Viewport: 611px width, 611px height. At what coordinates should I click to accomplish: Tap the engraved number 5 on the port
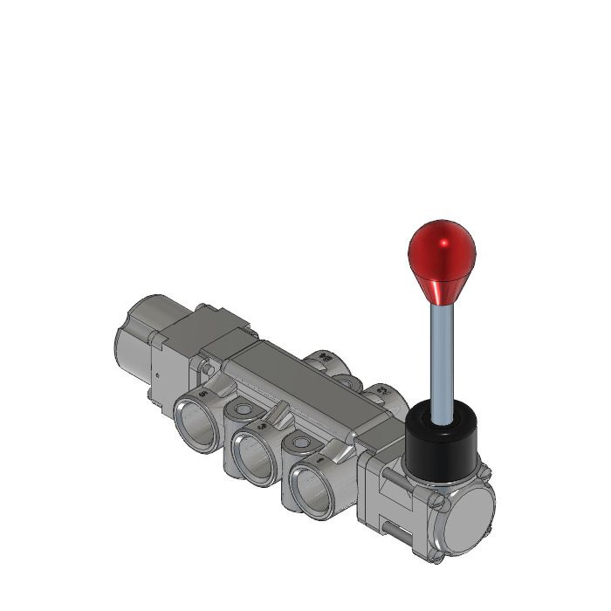tap(203, 394)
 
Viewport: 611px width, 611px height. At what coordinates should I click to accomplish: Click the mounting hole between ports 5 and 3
tap(241, 410)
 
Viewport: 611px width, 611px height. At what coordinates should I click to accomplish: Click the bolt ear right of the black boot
tap(483, 471)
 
